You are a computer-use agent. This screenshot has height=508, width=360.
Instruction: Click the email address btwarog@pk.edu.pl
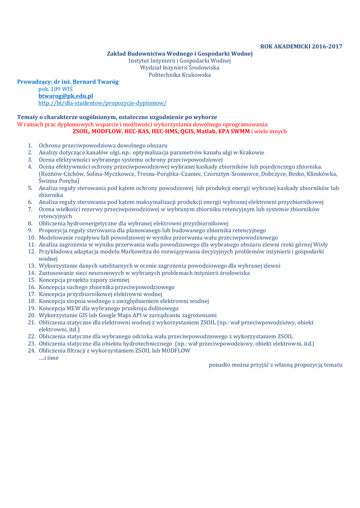point(66,96)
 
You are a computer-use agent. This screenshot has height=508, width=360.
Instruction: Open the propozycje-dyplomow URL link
point(102,103)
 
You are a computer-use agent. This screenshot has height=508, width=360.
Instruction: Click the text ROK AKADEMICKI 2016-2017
point(301,47)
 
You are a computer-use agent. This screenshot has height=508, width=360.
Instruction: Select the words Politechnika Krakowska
point(180,75)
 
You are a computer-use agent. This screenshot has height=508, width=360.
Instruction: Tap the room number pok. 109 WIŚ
point(56,89)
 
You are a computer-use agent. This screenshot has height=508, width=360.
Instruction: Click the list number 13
point(31,266)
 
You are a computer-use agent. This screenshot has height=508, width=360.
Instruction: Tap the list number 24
point(31,351)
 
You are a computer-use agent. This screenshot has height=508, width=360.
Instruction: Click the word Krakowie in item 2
point(251,153)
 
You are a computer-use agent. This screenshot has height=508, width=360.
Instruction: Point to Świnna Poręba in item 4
point(56,181)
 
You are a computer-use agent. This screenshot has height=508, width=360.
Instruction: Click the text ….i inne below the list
point(49,358)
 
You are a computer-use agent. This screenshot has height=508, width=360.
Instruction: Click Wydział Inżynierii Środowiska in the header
point(180,67)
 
